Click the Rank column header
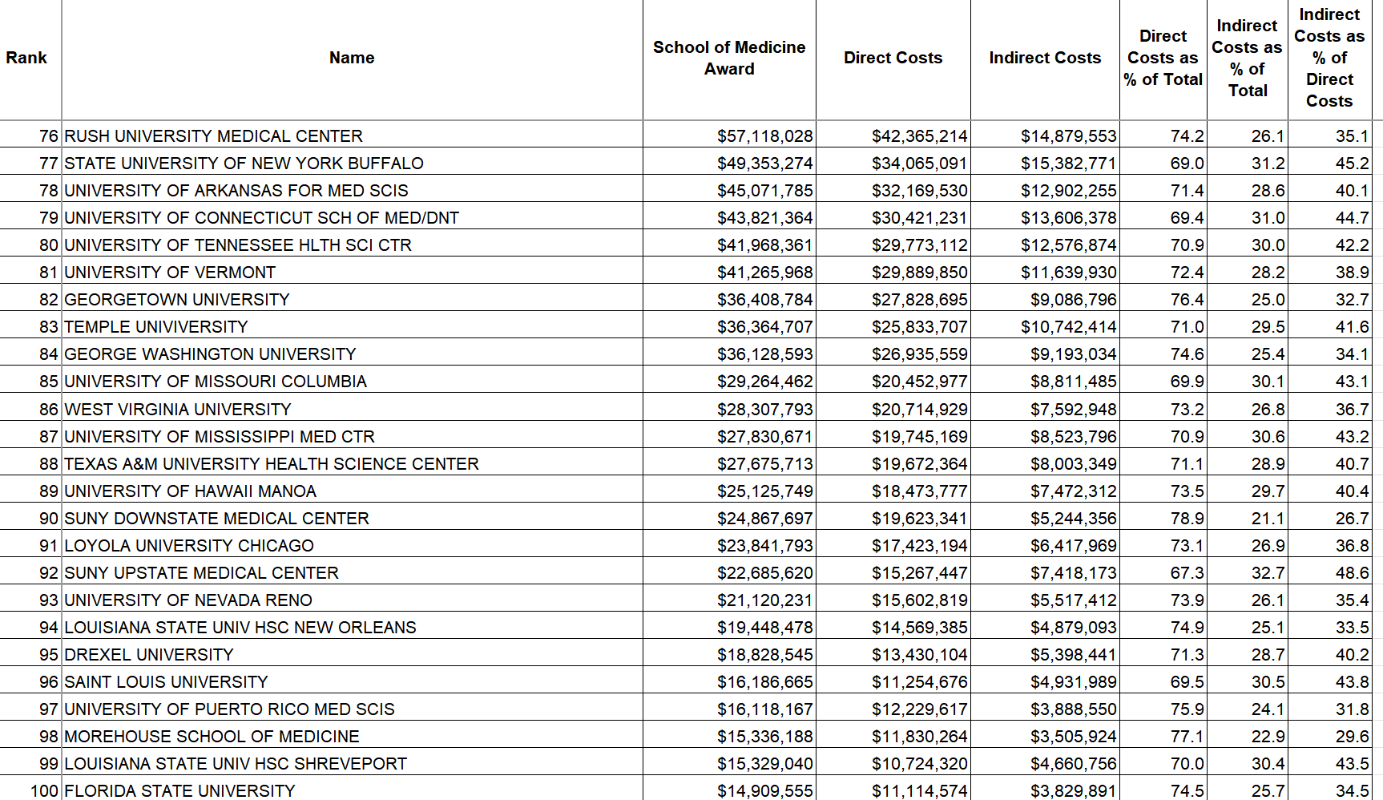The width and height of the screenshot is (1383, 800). point(26,58)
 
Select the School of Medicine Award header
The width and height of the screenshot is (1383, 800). point(729,58)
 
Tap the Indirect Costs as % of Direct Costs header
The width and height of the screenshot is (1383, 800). point(1329,58)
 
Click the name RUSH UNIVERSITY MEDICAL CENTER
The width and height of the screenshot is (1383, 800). point(213,136)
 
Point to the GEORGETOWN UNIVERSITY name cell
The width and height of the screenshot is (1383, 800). point(176,300)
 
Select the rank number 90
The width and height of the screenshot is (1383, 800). point(49,519)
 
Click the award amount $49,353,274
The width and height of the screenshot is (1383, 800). point(764,164)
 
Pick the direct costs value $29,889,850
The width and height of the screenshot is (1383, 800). point(919,273)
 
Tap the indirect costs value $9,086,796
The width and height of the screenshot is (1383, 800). point(1073,300)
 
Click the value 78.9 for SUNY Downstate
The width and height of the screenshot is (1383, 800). point(1187,519)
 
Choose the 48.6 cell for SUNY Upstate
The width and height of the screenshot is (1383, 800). point(1352,573)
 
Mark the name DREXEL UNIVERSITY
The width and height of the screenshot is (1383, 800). point(148,655)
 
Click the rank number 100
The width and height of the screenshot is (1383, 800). point(44,791)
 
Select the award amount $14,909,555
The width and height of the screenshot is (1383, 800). point(764,791)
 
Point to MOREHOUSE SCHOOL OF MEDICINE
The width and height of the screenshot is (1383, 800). point(212,737)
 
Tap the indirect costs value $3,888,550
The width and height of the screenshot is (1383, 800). point(1073,709)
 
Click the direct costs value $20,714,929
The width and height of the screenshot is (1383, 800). point(919,410)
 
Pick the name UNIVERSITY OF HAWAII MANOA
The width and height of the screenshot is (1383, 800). point(190,491)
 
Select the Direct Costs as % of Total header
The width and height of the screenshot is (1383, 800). point(1163,58)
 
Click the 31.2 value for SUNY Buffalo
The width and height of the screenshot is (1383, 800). point(1268,164)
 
